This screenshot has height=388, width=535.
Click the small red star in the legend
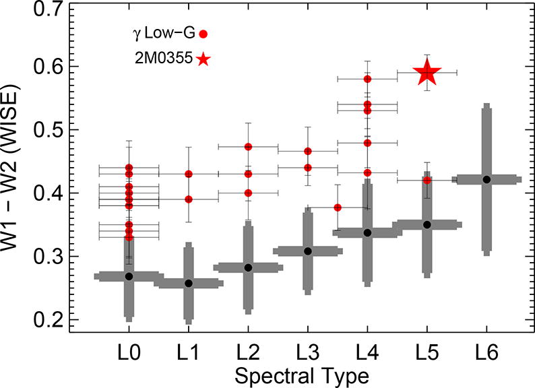pyautogui.click(x=203, y=59)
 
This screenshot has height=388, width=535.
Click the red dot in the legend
pyautogui.click(x=203, y=33)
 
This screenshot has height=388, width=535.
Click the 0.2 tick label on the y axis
pyautogui.click(x=46, y=320)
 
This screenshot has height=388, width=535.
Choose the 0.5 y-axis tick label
pyautogui.click(x=46, y=129)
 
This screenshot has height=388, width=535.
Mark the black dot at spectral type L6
pyautogui.click(x=486, y=179)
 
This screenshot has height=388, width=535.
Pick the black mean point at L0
pyautogui.click(x=129, y=276)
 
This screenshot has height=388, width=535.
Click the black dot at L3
pyautogui.click(x=307, y=251)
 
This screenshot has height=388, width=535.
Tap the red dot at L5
pyautogui.click(x=427, y=180)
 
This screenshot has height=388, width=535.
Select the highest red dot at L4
pyautogui.click(x=367, y=79)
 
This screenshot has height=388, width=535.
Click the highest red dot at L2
pyautogui.click(x=248, y=146)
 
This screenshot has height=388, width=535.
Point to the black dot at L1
pyautogui.click(x=189, y=284)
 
